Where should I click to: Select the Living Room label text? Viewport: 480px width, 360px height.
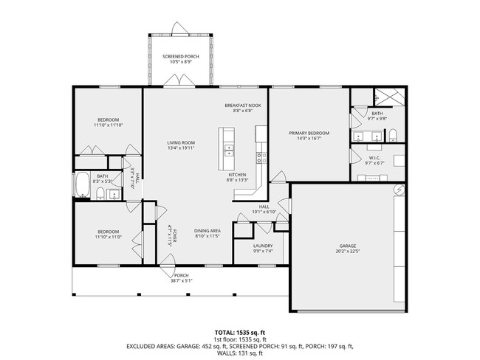tap(180, 142)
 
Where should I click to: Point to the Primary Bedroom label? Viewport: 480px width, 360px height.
tap(308, 133)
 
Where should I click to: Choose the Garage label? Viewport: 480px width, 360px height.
tap(348, 246)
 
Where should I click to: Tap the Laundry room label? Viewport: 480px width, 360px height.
tap(263, 246)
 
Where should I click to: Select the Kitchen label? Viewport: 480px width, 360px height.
tap(236, 175)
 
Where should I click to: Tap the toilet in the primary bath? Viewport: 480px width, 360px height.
tap(394, 135)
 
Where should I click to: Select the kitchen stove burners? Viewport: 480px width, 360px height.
tap(260, 157)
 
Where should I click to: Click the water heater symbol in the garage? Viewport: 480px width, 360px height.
tap(399, 189)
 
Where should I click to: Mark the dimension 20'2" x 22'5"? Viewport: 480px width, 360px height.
tap(348, 252)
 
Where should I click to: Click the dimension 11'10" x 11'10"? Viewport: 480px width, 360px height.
tap(107, 125)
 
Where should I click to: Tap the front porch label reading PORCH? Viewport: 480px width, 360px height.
tap(181, 275)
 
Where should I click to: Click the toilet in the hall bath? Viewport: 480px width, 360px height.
tap(99, 194)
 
